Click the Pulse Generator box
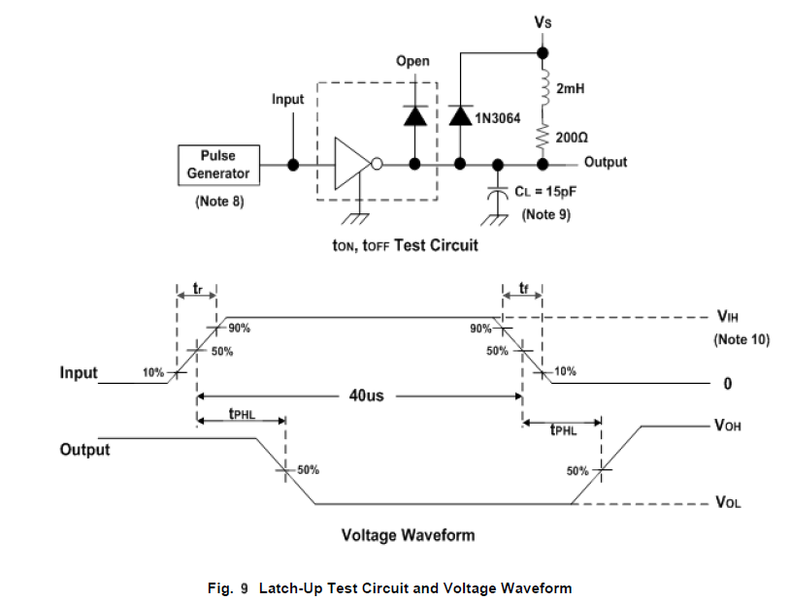click(218, 165)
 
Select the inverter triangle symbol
click(349, 164)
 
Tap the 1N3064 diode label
click(498, 118)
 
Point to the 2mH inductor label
click(569, 88)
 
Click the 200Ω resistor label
click(573, 138)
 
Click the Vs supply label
click(544, 20)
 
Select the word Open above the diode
click(412, 62)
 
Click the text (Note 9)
click(546, 214)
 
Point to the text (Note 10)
click(741, 339)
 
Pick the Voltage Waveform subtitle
click(408, 535)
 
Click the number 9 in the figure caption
click(245, 587)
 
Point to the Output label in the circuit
click(606, 162)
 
